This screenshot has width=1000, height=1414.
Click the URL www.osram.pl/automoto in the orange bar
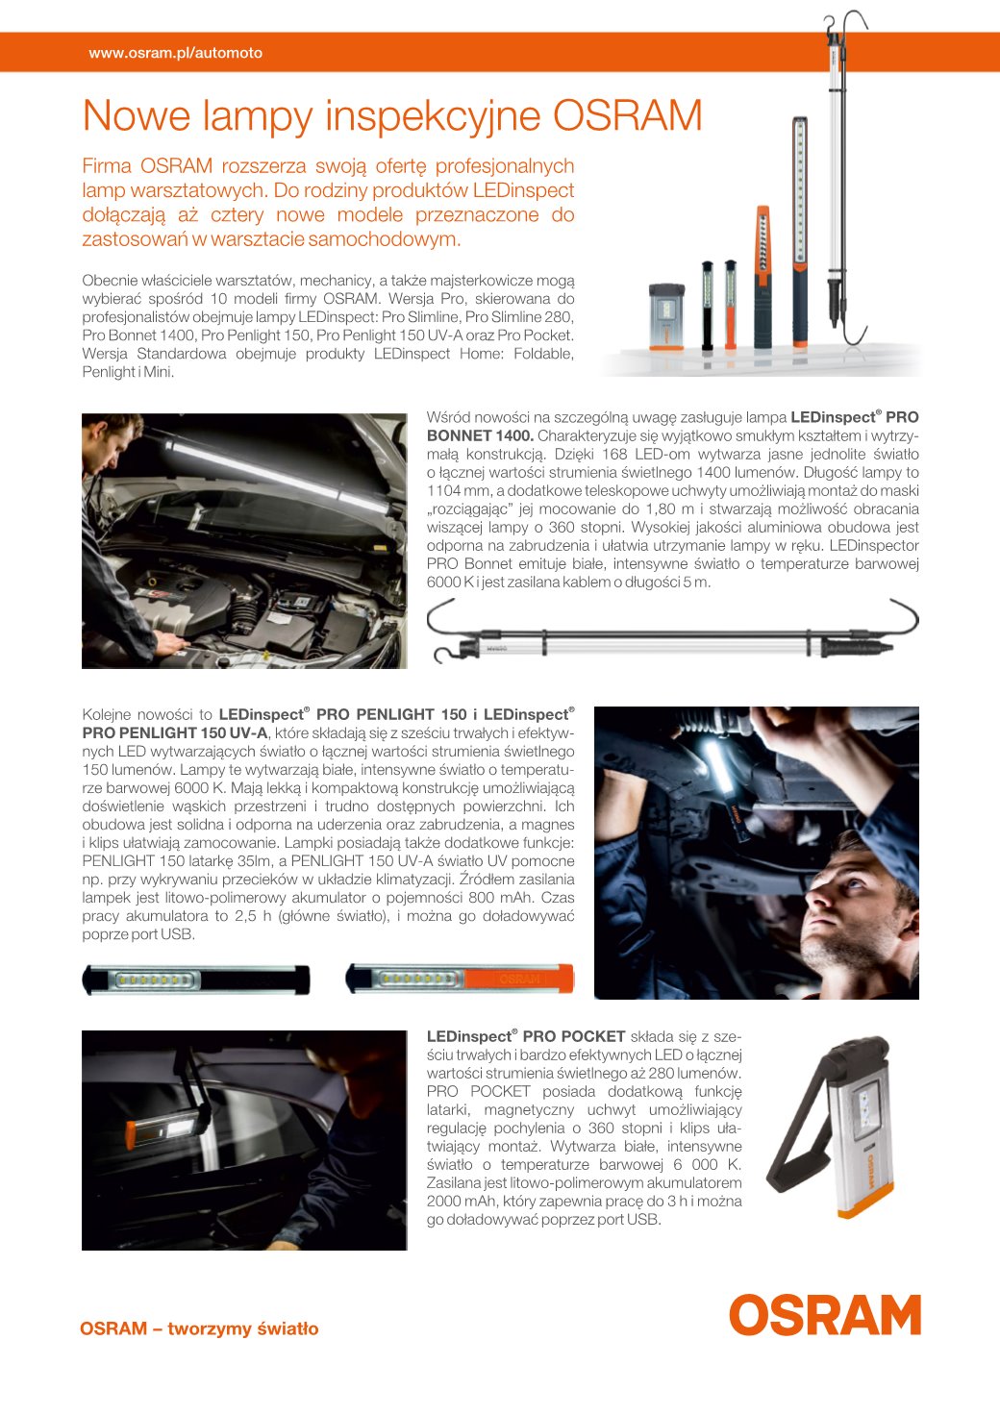pos(175,53)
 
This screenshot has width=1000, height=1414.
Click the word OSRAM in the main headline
pos(627,116)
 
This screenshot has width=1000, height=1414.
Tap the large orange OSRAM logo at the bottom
pos(824,1314)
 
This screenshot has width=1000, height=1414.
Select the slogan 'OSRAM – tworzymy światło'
pos(199,1328)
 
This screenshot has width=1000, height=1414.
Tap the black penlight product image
pos(196,979)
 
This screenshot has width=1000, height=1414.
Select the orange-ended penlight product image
pos(460,979)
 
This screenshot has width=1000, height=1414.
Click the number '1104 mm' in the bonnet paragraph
pos(457,490)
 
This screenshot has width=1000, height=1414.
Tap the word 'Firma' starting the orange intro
pos(106,166)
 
